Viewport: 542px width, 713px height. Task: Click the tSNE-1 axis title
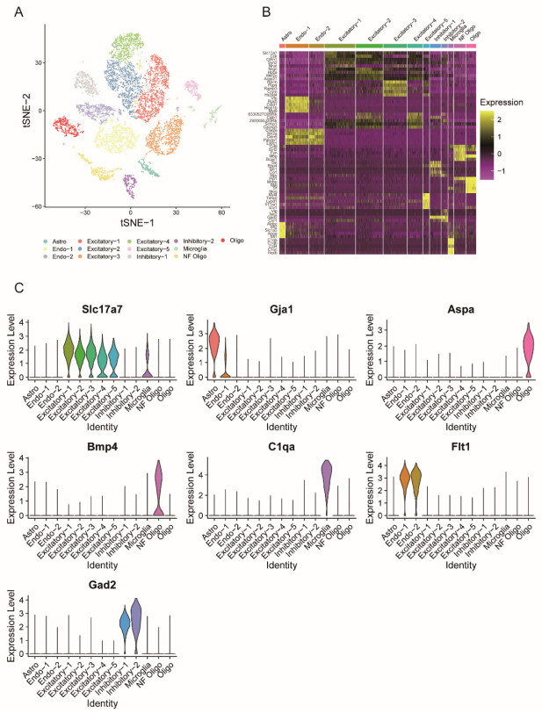129,223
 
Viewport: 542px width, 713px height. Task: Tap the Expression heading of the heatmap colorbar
500,102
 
